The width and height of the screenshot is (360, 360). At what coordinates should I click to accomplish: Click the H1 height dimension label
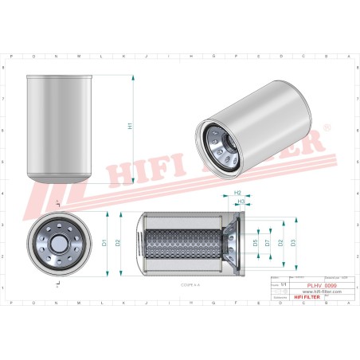click(x=131, y=127)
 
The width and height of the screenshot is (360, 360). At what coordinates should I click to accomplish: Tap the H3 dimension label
click(x=241, y=202)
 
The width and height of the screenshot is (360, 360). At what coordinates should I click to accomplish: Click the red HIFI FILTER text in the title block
click(x=296, y=297)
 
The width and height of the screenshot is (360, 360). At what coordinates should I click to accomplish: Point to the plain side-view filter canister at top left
click(x=61, y=127)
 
